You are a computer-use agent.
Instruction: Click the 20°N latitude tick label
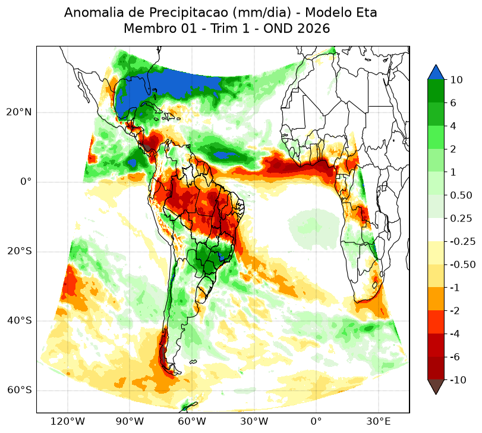click(x=19, y=112)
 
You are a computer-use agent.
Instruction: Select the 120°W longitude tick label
click(x=67, y=421)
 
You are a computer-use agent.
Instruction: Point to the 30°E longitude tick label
click(x=379, y=421)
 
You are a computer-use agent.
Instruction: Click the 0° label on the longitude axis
click(x=316, y=421)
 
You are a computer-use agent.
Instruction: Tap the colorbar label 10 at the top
click(x=456, y=80)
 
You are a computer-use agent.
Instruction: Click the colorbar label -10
click(x=458, y=380)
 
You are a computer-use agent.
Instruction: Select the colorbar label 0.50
click(x=461, y=195)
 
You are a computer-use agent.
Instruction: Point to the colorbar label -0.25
click(x=462, y=241)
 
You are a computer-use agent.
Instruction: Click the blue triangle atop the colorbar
click(x=436, y=73)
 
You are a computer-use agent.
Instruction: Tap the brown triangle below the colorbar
click(x=436, y=387)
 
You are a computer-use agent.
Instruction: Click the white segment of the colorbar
click(x=436, y=230)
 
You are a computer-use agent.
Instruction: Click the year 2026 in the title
click(x=314, y=29)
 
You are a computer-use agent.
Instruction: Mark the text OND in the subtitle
click(x=278, y=29)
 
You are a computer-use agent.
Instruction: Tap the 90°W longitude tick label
click(x=130, y=421)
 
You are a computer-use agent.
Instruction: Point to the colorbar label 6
click(x=453, y=103)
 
